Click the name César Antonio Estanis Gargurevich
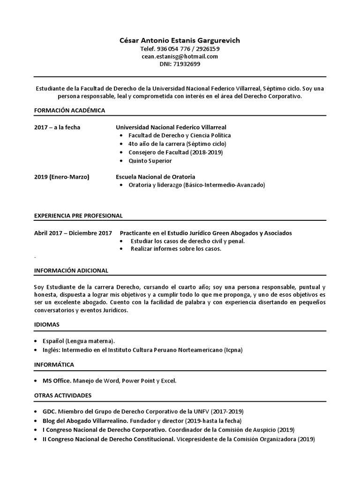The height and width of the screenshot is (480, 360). (180, 40)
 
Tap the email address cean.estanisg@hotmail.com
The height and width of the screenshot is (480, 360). (180, 56)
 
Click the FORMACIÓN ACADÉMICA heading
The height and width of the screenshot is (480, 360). (69, 110)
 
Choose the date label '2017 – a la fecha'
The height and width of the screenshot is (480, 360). (57, 127)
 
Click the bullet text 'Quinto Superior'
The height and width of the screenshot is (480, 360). (150, 161)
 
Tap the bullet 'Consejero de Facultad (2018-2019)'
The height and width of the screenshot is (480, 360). (175, 152)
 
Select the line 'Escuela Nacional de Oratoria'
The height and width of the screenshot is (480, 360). (156, 177)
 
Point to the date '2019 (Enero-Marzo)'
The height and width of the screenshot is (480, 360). (62, 177)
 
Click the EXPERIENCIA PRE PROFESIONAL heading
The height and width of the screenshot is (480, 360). (78, 216)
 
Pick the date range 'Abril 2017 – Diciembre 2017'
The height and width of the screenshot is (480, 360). (73, 232)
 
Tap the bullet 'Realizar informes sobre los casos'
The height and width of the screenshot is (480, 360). (175, 249)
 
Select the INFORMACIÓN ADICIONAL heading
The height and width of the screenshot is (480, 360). (71, 270)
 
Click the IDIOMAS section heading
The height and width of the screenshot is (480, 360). (47, 324)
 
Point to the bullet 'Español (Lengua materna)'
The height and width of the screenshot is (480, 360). (78, 341)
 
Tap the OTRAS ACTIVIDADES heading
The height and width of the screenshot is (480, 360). (63, 395)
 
